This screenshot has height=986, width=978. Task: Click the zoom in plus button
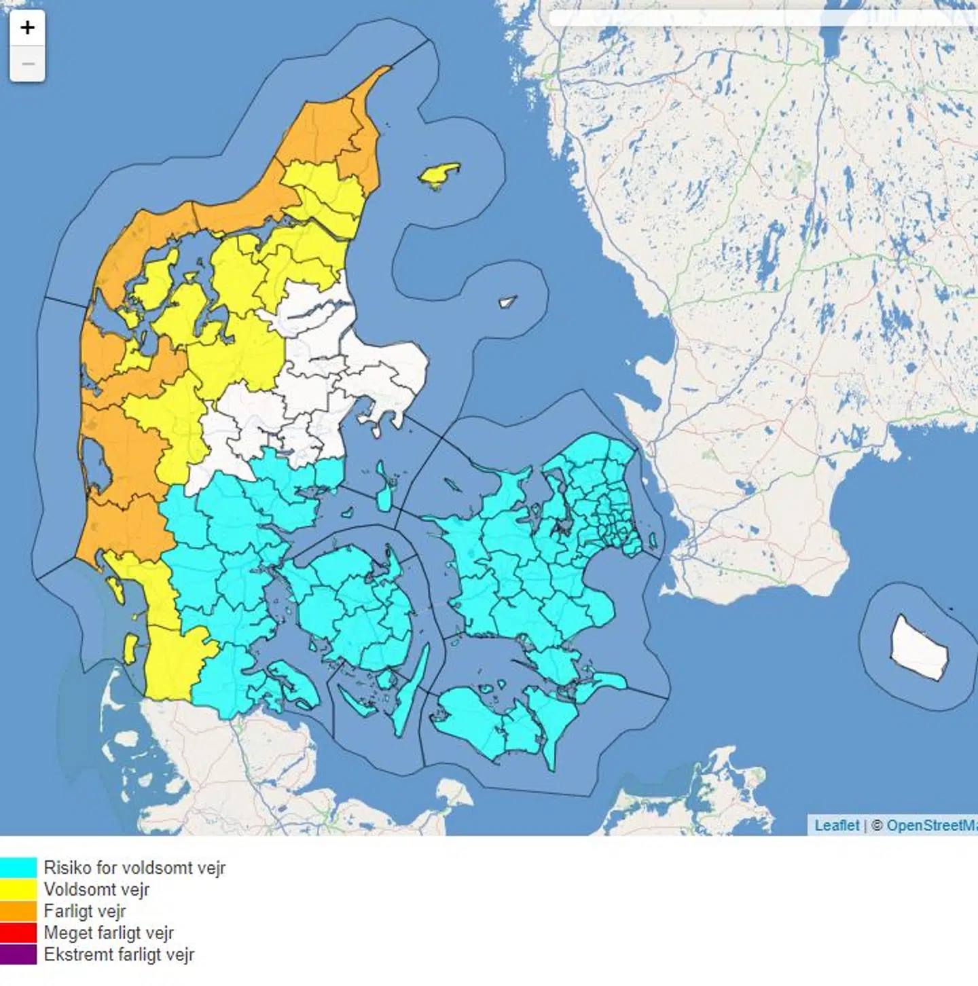[x=27, y=28]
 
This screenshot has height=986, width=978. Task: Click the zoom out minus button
[x=27, y=65]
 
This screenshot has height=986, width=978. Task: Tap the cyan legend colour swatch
[x=18, y=867]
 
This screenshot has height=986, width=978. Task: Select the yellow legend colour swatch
[x=18, y=889]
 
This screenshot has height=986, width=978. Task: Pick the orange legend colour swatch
[x=18, y=911]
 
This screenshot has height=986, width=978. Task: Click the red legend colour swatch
[x=18, y=932]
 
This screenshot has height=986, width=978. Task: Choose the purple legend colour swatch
[x=18, y=954]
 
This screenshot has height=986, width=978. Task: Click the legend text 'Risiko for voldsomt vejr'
[x=134, y=867]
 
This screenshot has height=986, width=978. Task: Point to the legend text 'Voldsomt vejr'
[x=96, y=889]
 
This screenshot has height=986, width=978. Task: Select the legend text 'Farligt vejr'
[x=85, y=911]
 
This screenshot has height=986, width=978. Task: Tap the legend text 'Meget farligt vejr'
[x=109, y=932]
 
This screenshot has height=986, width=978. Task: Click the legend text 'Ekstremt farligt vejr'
[x=119, y=954]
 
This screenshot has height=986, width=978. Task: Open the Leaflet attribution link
[x=837, y=825]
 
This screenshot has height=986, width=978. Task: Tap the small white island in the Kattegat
[x=507, y=302]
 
